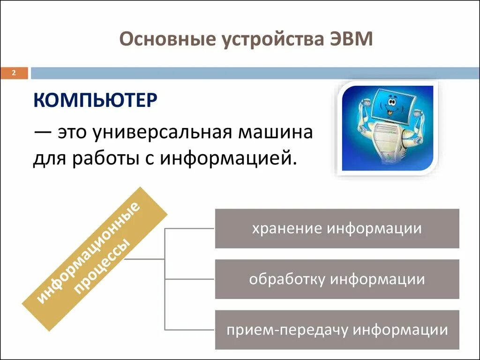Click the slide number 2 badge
[14, 73]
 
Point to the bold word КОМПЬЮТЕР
[95, 100]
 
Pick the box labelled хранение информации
[337, 228]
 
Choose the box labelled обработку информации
[337, 279]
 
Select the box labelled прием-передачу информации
[337, 330]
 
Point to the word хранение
[287, 229]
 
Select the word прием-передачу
[287, 330]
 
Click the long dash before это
[43, 133]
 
